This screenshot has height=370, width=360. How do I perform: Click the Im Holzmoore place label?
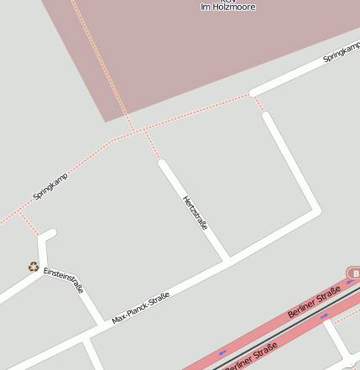pos(227,7)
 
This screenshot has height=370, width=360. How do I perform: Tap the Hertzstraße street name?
pos(195,212)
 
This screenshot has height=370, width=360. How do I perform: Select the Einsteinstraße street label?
pos(64,279)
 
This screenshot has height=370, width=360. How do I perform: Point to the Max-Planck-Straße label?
pos(140,308)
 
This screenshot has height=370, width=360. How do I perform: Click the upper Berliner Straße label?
pos(313,301)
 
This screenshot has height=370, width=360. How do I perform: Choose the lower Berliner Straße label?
pos(252,355)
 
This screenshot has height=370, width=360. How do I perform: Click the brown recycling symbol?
pos(34,267)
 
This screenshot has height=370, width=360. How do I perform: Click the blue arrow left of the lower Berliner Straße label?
pos(222,352)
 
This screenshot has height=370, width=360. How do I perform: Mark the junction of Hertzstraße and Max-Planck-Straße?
pos(227,259)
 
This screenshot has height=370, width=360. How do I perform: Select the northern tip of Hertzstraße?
pos(163,164)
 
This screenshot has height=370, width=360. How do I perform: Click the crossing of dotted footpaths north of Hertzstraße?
pos(140,131)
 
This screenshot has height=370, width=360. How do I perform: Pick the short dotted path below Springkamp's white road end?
pos(260,103)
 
